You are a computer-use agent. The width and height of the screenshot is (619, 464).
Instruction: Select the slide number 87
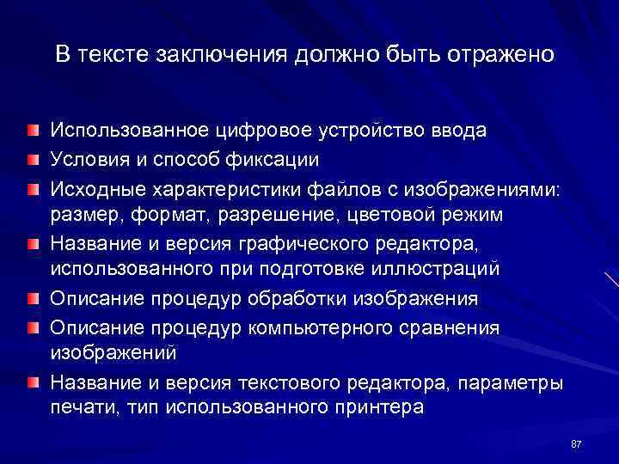(x=576, y=443)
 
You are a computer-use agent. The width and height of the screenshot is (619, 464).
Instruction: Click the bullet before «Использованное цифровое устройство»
(x=32, y=131)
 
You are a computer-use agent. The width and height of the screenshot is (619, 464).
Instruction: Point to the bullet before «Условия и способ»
(x=32, y=159)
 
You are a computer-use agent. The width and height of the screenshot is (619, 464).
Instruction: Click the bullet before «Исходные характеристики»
(x=32, y=187)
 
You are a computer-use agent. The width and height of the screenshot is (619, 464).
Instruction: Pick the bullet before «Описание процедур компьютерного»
(x=32, y=328)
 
